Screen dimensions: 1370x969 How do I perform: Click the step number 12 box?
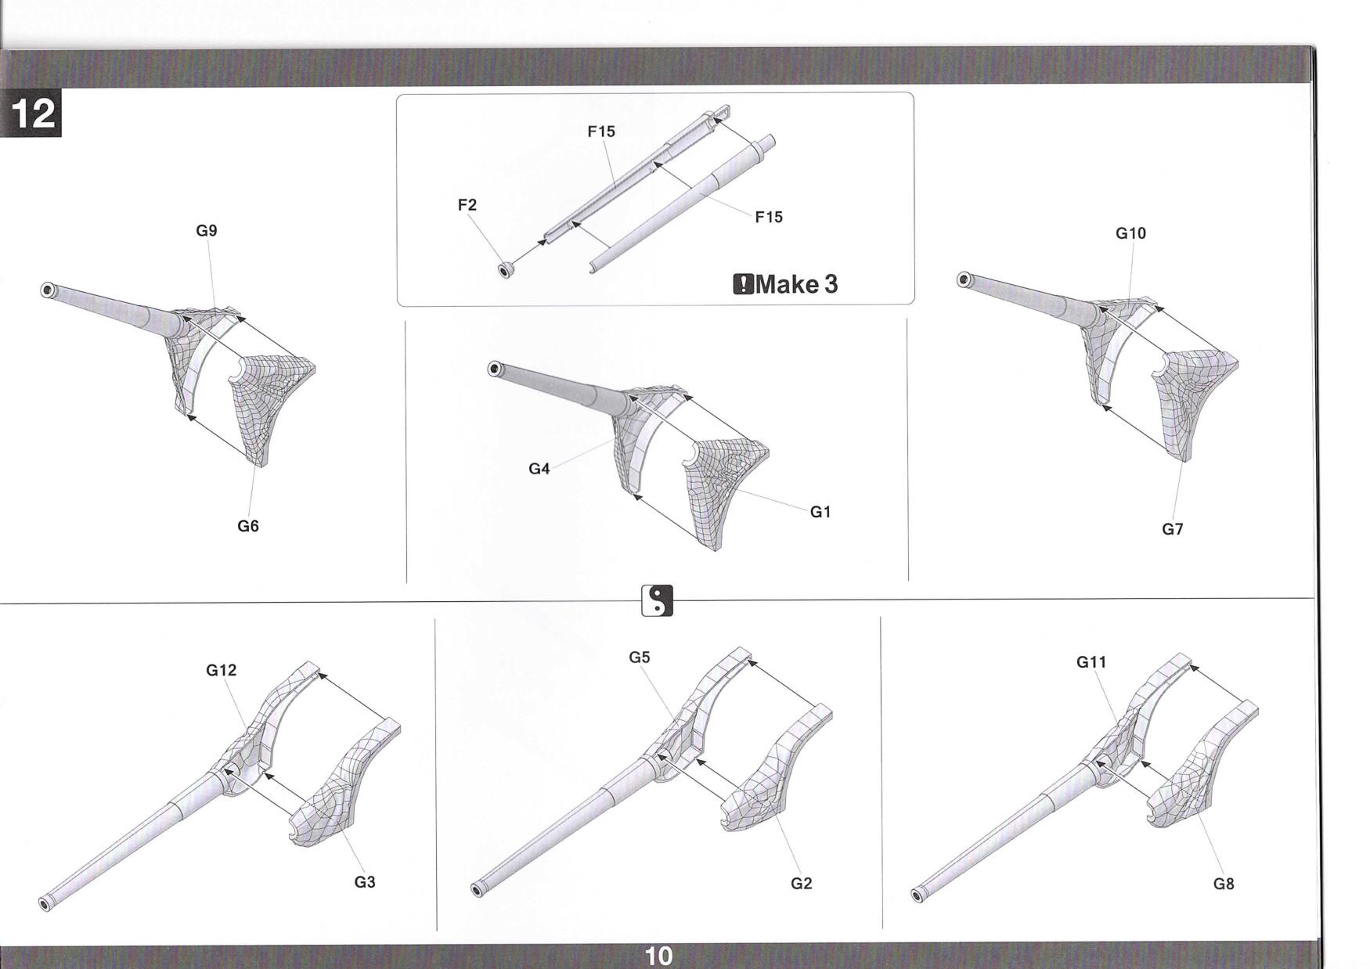(x=31, y=114)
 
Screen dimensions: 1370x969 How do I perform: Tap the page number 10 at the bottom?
(x=658, y=956)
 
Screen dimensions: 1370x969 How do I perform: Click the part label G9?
(x=207, y=231)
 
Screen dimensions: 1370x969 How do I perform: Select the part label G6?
(x=248, y=527)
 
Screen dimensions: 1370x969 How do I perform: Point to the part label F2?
(x=467, y=205)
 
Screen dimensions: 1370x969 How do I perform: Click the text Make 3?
(x=796, y=283)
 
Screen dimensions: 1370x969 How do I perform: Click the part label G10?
(x=1130, y=233)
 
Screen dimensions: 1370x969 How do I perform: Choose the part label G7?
(x=1172, y=530)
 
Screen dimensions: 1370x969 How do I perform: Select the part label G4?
(x=539, y=470)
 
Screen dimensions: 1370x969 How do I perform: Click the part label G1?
(x=820, y=512)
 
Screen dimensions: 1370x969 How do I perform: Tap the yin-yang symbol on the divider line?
(x=657, y=600)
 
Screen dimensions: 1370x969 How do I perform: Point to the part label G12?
(x=222, y=671)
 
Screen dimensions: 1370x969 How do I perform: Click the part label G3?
(x=365, y=882)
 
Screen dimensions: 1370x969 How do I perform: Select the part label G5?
(x=640, y=657)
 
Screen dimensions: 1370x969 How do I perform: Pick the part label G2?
(x=802, y=884)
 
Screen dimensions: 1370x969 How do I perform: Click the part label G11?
(x=1091, y=662)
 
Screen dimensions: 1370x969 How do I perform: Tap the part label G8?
(x=1224, y=884)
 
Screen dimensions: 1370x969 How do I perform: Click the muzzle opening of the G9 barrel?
(x=47, y=290)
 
